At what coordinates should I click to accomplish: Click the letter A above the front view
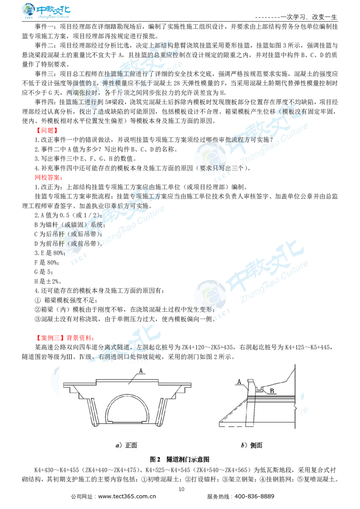[x=141, y=371]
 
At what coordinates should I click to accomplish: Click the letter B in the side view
[x=271, y=391]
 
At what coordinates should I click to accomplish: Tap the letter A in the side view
[x=240, y=381]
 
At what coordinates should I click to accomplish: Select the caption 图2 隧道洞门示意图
[x=180, y=459]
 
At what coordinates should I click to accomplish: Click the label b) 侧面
[x=251, y=445]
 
